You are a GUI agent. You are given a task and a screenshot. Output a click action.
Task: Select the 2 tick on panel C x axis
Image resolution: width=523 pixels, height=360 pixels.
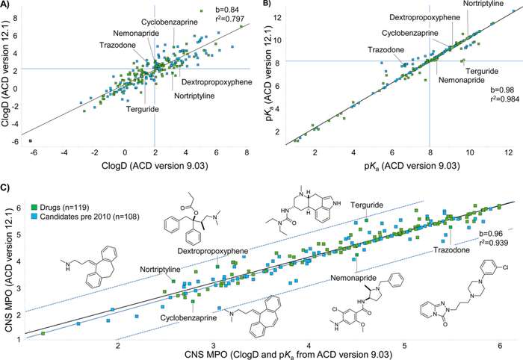117,346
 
